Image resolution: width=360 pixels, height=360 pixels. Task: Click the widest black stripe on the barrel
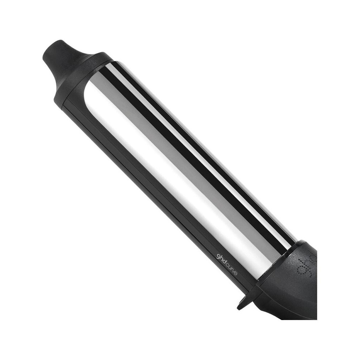[187, 144]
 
